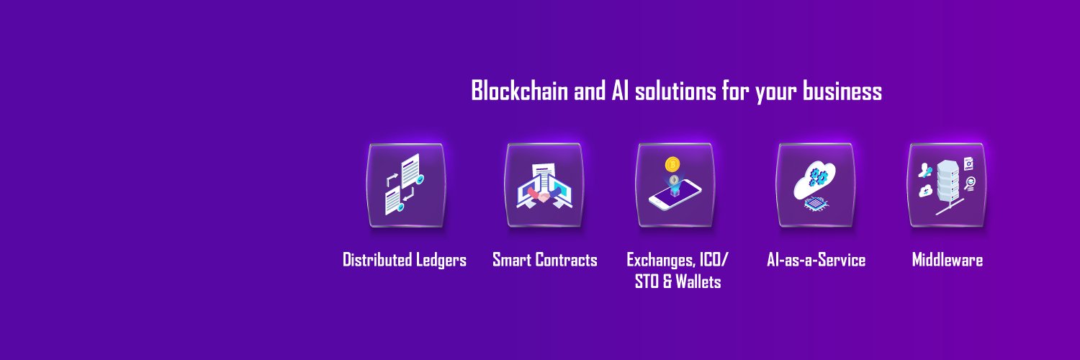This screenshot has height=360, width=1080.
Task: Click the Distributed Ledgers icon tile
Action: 405,185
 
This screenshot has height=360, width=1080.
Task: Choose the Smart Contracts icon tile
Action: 544,185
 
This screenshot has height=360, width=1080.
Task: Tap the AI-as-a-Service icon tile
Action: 815,185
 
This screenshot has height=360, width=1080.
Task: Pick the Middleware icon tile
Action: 946,185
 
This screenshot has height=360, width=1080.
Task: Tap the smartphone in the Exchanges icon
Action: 675,196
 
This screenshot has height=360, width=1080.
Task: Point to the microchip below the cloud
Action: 814,203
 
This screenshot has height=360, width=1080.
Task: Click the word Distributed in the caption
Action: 377,260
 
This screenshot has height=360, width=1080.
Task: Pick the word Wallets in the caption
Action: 698,282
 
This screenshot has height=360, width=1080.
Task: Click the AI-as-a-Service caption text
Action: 816,260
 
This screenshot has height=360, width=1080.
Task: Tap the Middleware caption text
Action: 947,260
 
